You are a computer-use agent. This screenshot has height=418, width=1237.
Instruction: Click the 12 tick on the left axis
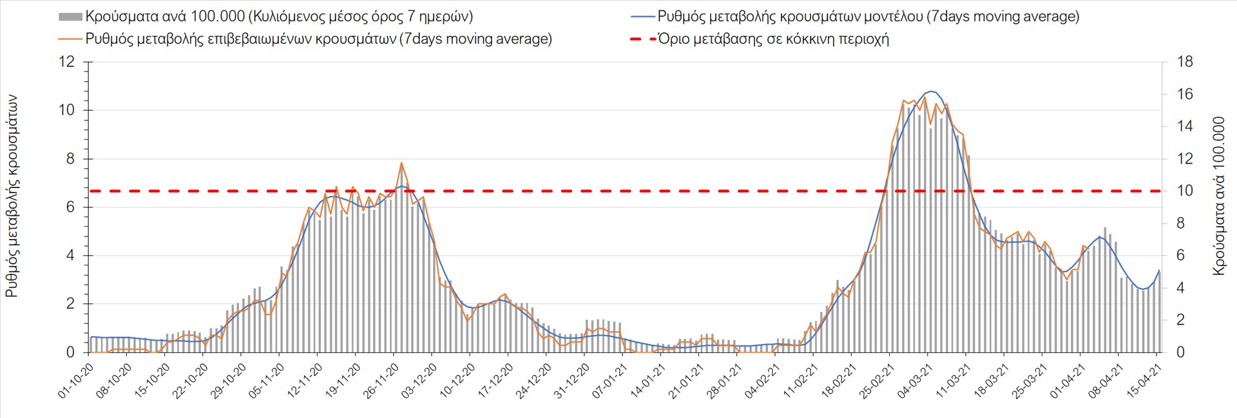67,62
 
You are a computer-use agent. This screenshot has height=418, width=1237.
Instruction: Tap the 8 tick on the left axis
71,158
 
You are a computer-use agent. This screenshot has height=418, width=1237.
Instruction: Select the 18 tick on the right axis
1185,62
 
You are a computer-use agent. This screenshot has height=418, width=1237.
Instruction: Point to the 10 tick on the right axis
1185,191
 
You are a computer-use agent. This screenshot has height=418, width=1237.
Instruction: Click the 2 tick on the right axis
1180,320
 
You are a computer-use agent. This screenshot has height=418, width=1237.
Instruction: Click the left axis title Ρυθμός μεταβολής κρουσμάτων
12,196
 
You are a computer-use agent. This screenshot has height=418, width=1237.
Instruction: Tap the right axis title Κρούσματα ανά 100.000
1218,196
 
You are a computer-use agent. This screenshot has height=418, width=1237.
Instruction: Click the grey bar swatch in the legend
70,17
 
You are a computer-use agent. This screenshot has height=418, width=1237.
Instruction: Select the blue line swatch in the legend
642,17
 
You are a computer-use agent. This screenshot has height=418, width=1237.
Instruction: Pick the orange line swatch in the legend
70,39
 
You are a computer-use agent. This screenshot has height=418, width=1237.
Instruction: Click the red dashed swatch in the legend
642,39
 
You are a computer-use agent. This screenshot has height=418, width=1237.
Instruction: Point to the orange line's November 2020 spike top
401,163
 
